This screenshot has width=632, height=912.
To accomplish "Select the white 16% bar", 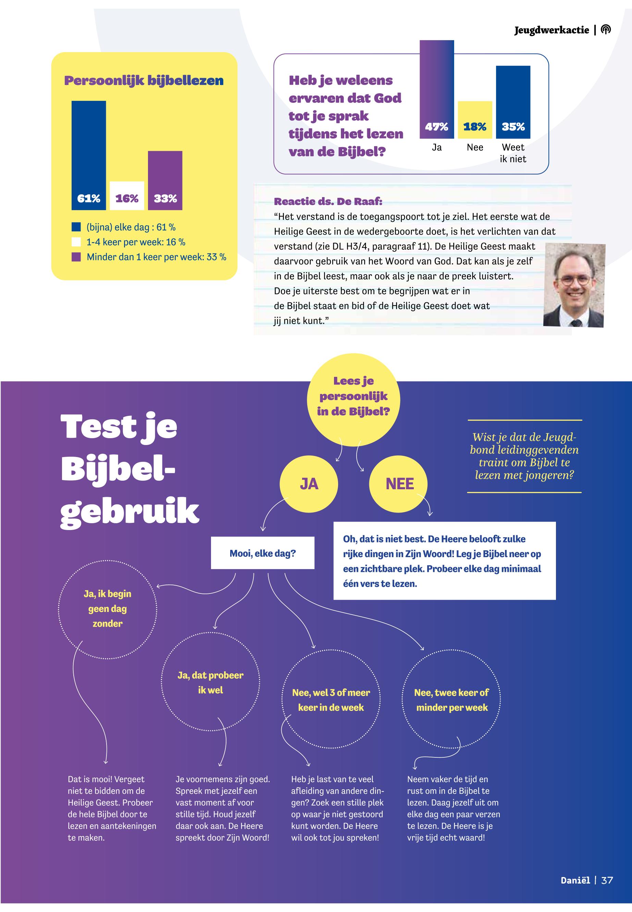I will pos(127,195).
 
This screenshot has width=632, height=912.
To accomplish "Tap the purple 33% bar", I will pos(165,180).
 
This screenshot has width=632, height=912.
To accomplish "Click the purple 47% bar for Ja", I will pos(436,89).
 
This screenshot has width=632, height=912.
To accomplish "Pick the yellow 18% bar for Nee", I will pos(475,120).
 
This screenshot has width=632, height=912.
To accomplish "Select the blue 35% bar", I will pos(513,102).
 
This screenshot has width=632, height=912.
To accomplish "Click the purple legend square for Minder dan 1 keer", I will pos(76,257).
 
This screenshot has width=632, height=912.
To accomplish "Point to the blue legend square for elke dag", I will pos(76,227).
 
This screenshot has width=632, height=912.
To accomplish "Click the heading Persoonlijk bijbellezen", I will pos(144,81).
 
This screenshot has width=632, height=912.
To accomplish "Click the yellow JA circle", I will pos(309,484).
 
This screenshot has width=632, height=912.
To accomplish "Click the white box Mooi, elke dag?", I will pos(262,553).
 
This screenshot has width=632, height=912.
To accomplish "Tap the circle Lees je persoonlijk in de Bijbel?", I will pos(353,399).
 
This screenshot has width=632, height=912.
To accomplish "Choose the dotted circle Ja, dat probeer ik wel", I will pos(210,682).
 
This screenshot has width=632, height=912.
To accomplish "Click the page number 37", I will pos(607,880).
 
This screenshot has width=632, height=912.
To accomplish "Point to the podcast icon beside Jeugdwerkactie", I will pos(606,30).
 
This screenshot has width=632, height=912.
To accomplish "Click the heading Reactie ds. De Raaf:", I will pos(328,201).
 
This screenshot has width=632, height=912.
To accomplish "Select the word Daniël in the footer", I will pos(575,880).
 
